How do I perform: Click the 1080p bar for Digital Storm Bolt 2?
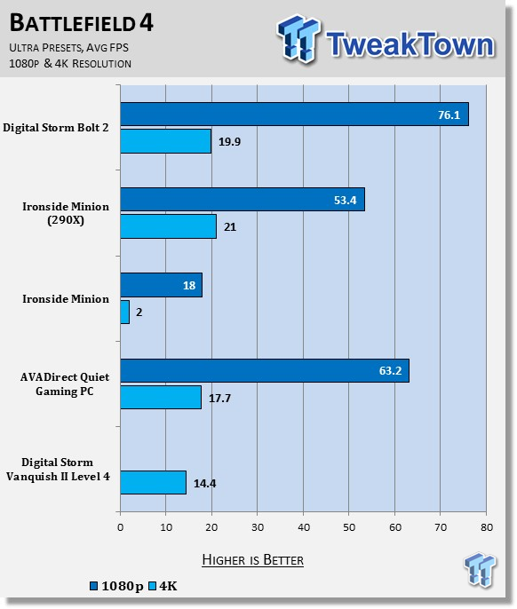294,115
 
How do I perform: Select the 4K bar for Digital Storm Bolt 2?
165,141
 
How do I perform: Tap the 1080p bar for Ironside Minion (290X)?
243,199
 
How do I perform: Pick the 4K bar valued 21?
168,226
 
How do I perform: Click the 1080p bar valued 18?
162,285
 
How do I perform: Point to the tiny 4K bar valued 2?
124,312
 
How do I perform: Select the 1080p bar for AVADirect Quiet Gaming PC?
265,370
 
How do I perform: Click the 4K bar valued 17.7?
161,398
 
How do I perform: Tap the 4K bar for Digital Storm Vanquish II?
153,482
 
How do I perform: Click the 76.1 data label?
449,115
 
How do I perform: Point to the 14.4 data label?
205,483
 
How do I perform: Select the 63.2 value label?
390,370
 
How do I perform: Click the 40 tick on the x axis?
304,527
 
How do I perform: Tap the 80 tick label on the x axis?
487,527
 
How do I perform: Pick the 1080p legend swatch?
93,586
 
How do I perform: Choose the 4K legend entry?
163,586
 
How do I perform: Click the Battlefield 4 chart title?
81,22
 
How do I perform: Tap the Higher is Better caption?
252,559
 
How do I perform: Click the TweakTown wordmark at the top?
410,44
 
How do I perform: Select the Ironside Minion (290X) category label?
66,213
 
